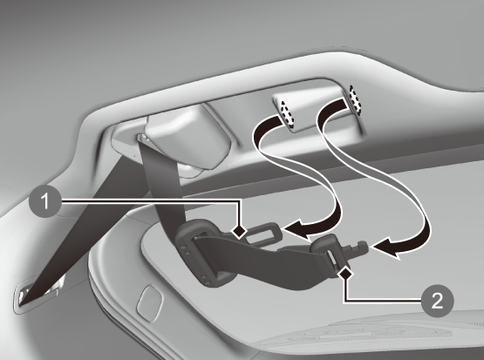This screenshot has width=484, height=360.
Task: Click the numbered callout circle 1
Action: click(x=45, y=201)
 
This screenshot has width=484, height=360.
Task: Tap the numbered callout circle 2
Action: click(x=438, y=301)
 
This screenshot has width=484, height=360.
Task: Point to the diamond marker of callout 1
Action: click(x=239, y=231)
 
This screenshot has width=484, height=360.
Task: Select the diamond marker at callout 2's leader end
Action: click(x=345, y=274)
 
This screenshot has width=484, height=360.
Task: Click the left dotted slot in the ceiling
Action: click(x=286, y=114)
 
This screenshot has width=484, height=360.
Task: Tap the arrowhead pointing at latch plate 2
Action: click(x=385, y=248)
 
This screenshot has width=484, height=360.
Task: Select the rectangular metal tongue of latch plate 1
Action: click(x=263, y=233)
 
